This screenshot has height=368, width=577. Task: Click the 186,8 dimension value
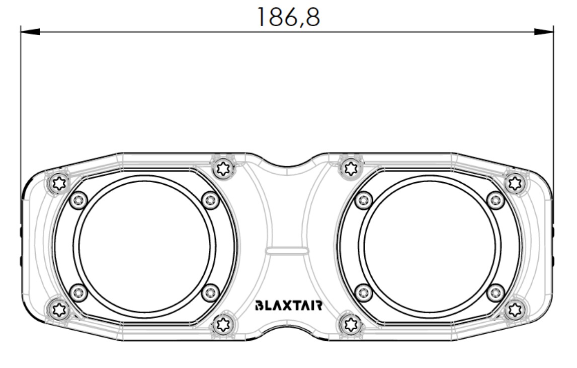click(288, 17)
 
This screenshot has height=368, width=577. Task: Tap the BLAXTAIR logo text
click(288, 306)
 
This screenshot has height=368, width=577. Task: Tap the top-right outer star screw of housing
click(514, 182)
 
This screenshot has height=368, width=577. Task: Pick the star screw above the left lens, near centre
click(222, 167)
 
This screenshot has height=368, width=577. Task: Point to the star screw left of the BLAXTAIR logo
click(222, 325)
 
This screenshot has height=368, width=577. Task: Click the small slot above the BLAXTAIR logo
click(287, 251)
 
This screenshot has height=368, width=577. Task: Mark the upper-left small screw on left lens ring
click(78, 201)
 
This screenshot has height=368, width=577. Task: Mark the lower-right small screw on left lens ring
click(210, 292)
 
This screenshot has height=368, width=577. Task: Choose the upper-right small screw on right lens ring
click(496, 201)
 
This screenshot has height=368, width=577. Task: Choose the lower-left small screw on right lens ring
click(363, 292)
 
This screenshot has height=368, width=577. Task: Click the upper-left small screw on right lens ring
click(363, 201)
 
